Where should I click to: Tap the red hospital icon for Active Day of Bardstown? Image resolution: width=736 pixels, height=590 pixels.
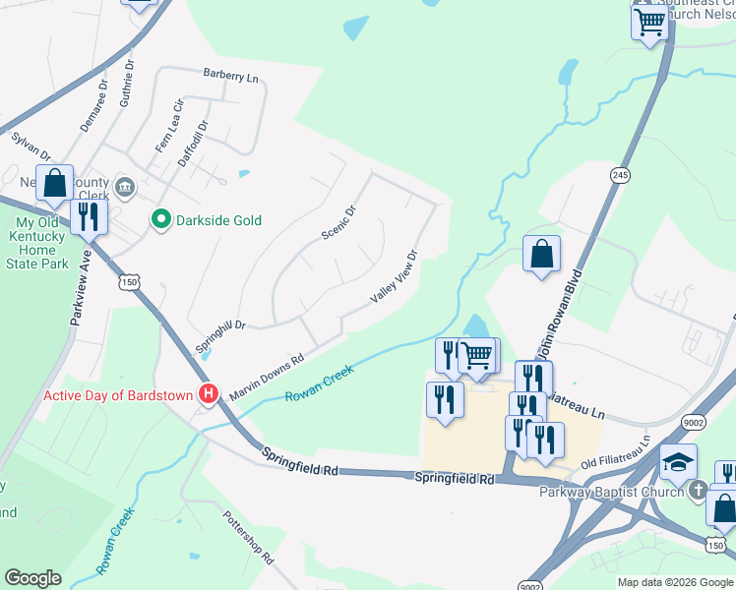pos(209,395)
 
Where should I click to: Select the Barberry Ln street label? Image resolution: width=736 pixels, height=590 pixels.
pos(230,75)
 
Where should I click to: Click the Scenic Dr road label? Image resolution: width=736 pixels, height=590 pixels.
pos(337,222)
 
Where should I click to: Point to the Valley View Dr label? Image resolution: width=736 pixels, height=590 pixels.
pos(395,276)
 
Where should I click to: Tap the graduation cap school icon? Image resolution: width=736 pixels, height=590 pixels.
pos(678,461)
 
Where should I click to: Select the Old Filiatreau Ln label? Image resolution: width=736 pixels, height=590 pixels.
pos(616,453)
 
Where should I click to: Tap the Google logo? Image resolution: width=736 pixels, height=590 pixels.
pos(32,578)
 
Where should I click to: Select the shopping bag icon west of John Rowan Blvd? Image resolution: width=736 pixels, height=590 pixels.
pos(541,255)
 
